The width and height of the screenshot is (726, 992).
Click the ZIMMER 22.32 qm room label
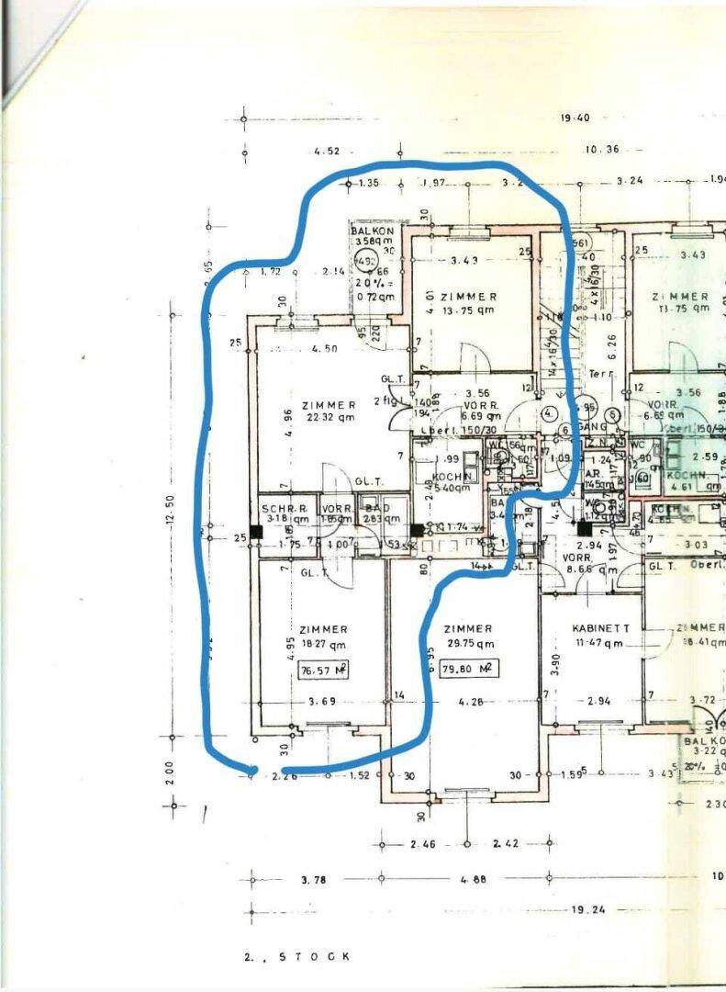point(328,411)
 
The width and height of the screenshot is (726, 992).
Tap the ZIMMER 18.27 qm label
point(322,637)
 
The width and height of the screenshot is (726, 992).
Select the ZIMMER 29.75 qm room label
point(468,636)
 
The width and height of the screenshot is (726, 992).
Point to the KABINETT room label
point(600,636)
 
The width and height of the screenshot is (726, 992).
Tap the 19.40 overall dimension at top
point(574,118)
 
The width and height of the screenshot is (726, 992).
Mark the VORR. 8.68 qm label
point(584,564)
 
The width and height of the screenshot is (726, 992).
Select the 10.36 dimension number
point(601,150)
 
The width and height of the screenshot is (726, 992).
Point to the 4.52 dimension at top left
point(327,151)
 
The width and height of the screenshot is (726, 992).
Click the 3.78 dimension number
point(314,879)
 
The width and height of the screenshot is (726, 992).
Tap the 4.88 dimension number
point(473,879)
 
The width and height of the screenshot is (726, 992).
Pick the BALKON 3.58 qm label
point(371,236)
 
